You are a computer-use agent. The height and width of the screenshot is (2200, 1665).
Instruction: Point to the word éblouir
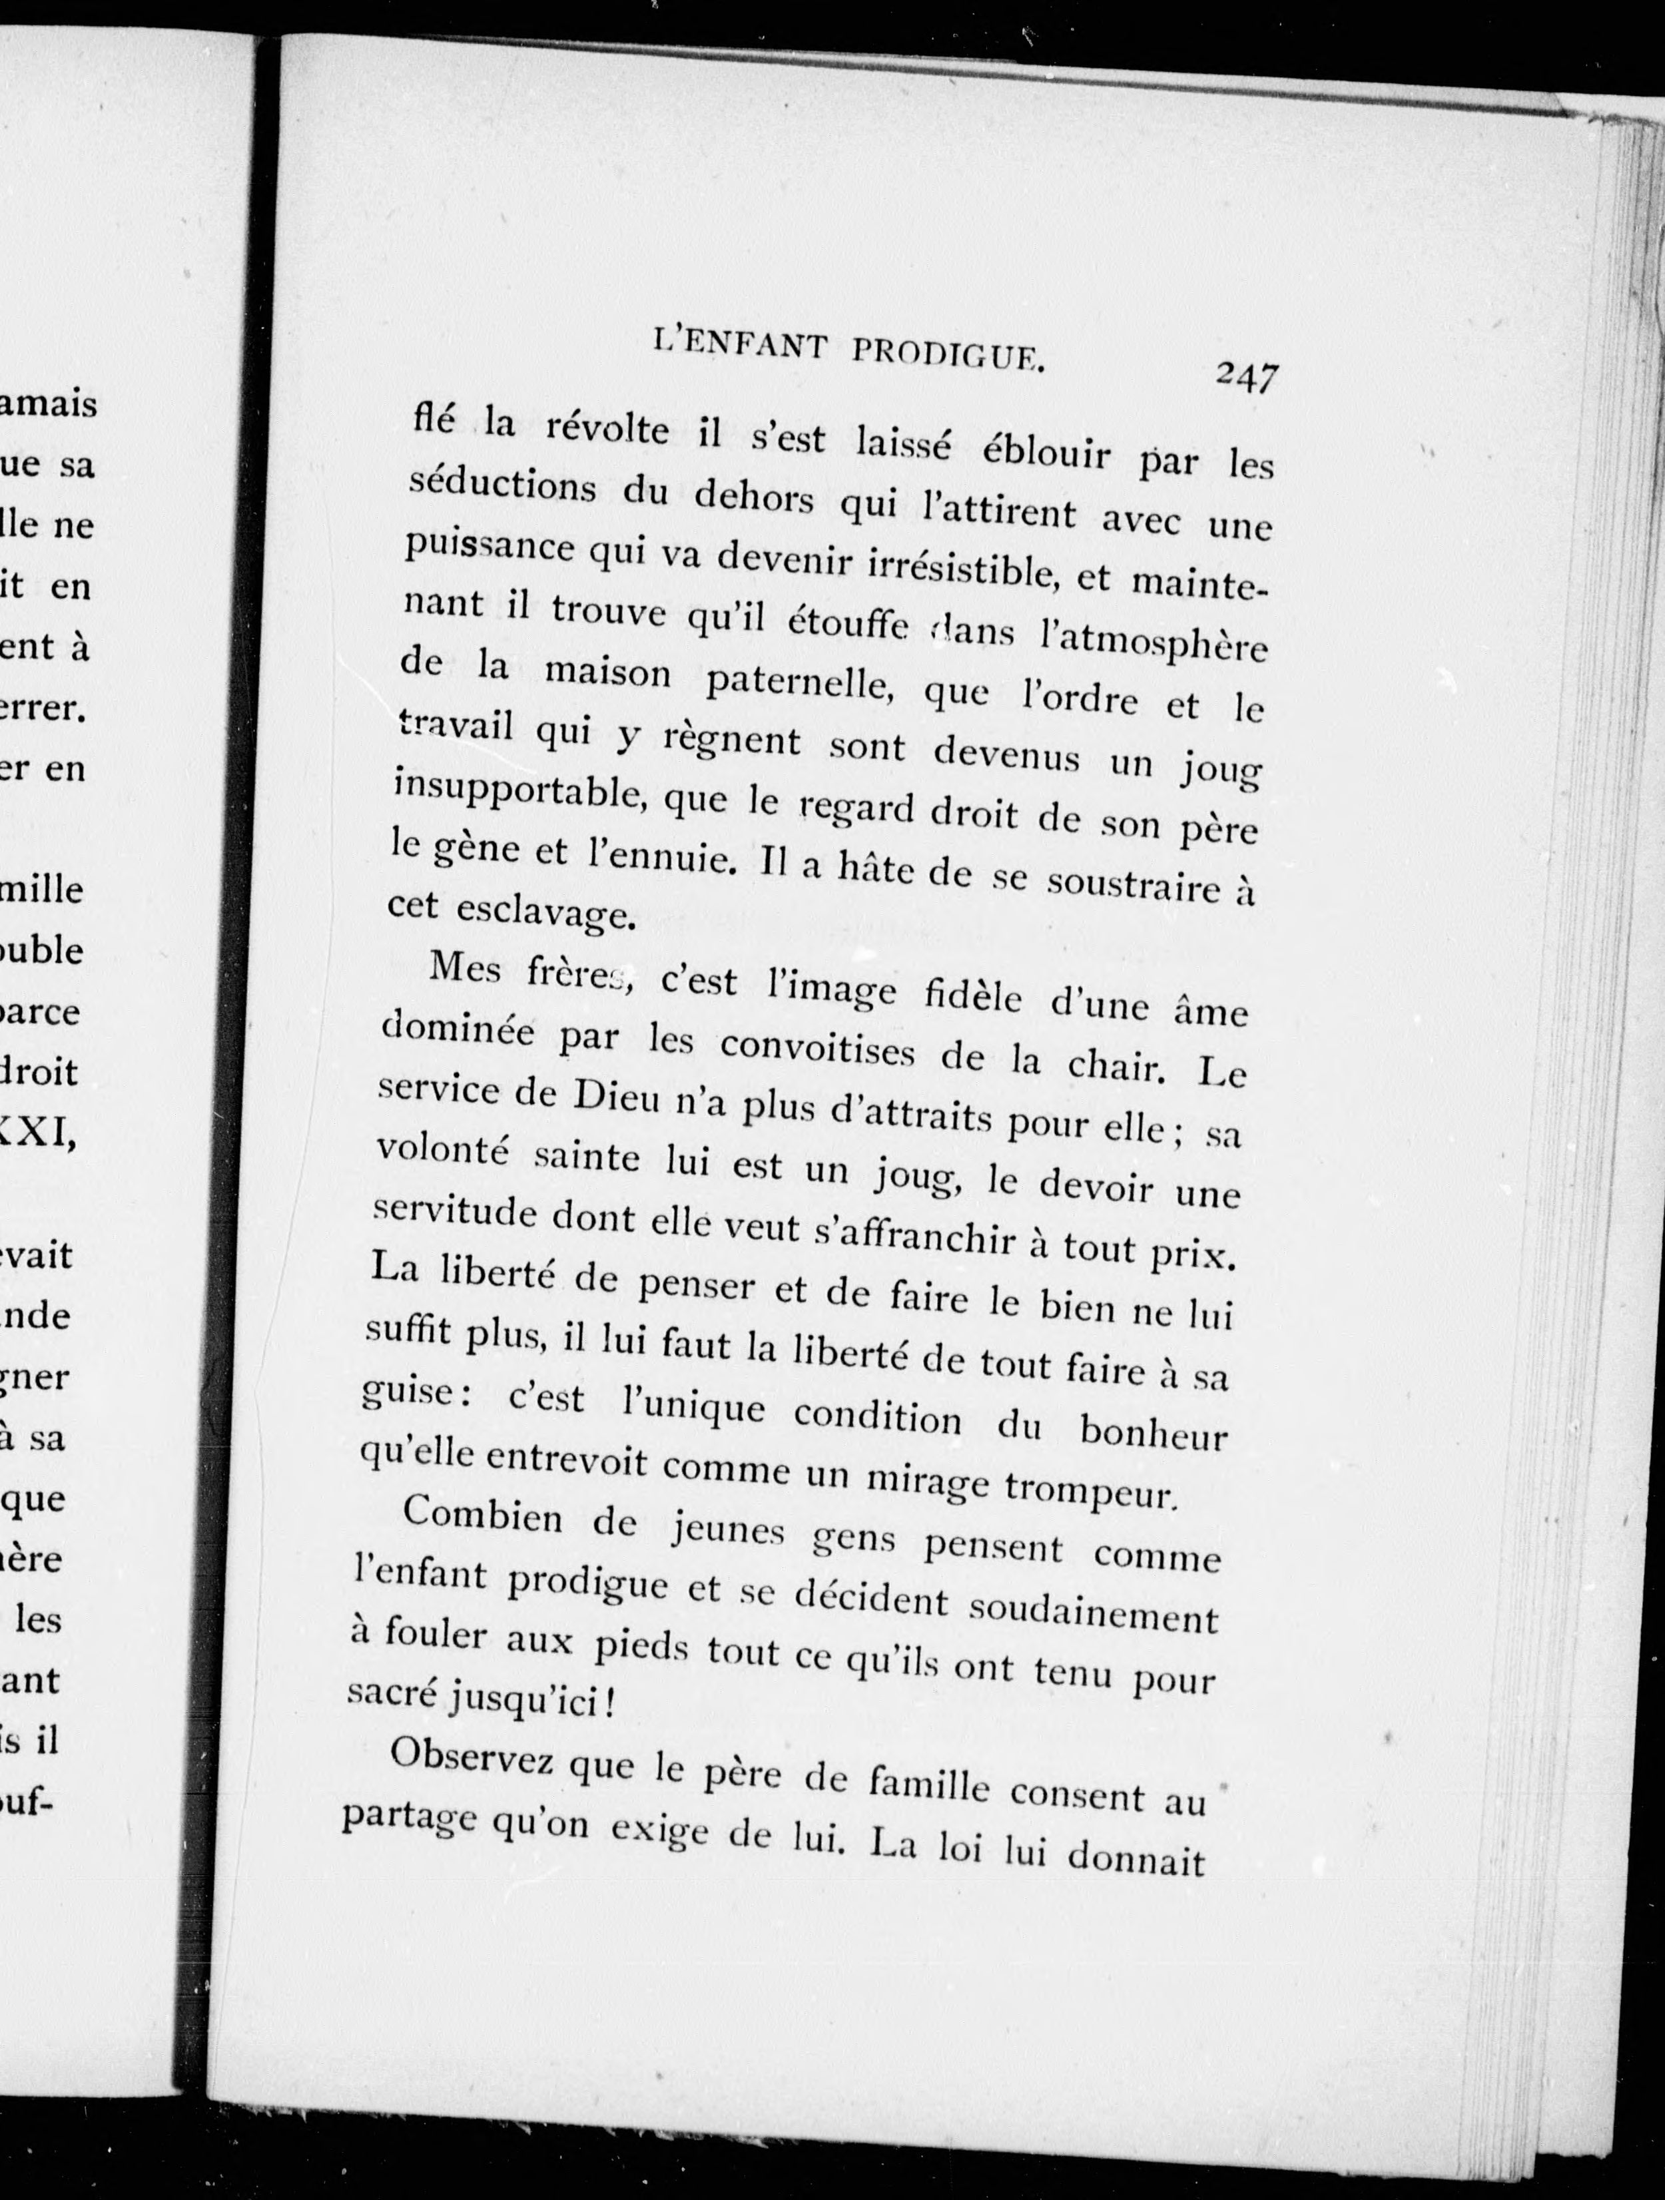(1046, 453)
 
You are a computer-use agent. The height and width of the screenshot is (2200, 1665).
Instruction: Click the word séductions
(502, 487)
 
